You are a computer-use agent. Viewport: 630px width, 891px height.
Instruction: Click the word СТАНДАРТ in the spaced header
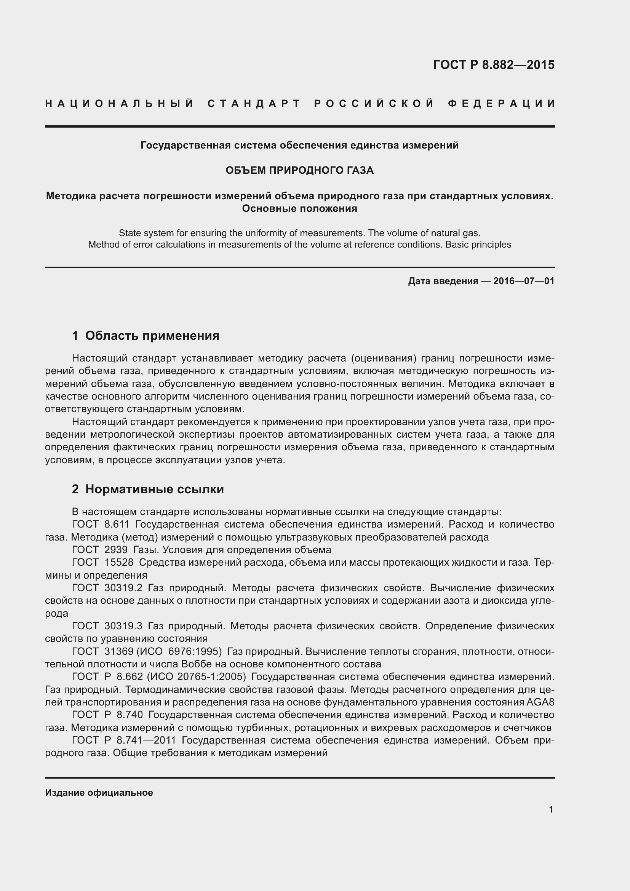(x=254, y=104)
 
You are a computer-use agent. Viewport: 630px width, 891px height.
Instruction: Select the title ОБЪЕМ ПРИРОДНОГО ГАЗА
(x=299, y=170)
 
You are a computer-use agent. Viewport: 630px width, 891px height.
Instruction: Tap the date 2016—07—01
(x=524, y=281)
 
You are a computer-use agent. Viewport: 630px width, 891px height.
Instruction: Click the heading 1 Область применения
(x=146, y=336)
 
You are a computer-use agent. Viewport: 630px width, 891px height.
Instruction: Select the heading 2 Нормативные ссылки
(x=148, y=489)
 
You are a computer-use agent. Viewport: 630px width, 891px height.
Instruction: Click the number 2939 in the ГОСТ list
(x=116, y=550)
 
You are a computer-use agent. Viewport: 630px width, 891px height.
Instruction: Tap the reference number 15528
(x=119, y=562)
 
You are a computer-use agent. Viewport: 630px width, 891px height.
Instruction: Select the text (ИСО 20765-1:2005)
(x=197, y=677)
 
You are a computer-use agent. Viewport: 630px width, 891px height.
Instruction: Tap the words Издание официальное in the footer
(x=99, y=793)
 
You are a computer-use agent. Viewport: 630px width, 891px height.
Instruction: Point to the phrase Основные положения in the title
(x=299, y=209)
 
